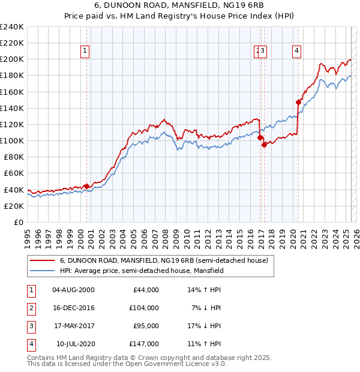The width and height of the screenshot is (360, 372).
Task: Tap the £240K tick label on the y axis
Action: tap(11, 27)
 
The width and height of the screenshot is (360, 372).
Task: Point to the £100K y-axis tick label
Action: tap(11, 140)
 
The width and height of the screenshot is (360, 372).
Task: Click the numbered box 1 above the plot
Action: tap(86, 52)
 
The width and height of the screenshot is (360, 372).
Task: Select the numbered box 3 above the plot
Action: tap(263, 52)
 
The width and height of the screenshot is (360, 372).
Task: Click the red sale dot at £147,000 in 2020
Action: tap(298, 102)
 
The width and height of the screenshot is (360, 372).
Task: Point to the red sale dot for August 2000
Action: tap(86, 186)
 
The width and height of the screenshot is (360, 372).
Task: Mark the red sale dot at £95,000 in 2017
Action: tap(265, 145)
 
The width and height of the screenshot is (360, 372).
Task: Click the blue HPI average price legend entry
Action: tap(141, 271)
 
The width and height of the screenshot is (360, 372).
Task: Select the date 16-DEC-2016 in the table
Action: tap(74, 308)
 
